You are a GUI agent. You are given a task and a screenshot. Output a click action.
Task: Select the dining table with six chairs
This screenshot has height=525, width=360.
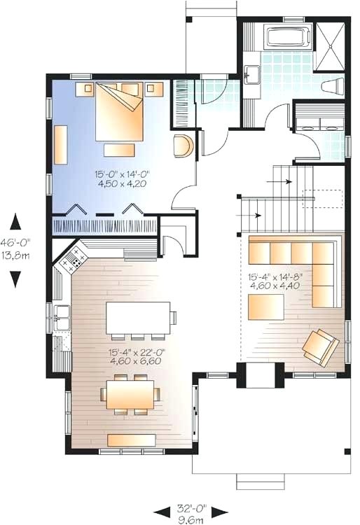point(131,393)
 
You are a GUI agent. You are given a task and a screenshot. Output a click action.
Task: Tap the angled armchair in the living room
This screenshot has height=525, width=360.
point(320,347)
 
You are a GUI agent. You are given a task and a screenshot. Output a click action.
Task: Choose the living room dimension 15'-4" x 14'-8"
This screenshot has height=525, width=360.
point(273,276)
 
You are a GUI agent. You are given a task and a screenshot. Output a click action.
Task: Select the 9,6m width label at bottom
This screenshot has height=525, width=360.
point(191,520)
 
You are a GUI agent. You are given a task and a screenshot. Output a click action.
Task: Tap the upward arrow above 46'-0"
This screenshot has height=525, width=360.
point(15,223)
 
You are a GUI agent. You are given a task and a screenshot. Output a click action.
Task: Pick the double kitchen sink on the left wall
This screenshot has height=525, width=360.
point(60,318)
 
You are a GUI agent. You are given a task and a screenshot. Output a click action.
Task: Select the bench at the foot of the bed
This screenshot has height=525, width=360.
point(119,149)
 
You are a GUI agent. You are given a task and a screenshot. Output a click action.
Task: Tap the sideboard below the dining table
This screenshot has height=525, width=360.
point(131,439)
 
